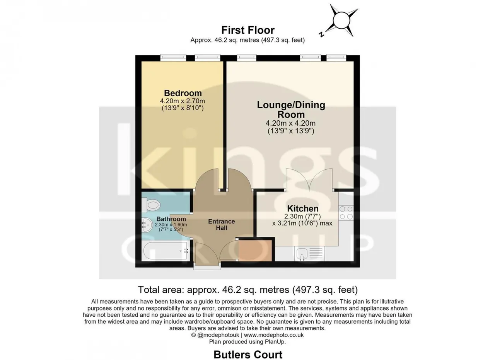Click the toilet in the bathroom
tap(151, 205)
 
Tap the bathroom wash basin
tap(147, 225)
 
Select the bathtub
tap(166, 251)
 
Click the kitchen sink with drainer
tap(310, 253)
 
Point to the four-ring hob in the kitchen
tap(346, 213)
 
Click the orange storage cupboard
tap(255, 251)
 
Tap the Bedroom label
tap(183, 93)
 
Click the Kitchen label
tap(303, 208)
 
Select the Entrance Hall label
tap(222, 225)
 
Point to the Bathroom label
tap(171, 219)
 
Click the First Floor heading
tap(248, 30)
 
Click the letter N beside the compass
tap(321, 34)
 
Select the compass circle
tap(341, 20)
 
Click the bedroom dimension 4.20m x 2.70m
tap(183, 101)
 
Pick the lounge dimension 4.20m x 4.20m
tap(290, 123)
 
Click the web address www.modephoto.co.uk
tap(274, 335)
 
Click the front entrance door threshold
tap(207, 268)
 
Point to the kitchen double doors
tap(309, 179)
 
